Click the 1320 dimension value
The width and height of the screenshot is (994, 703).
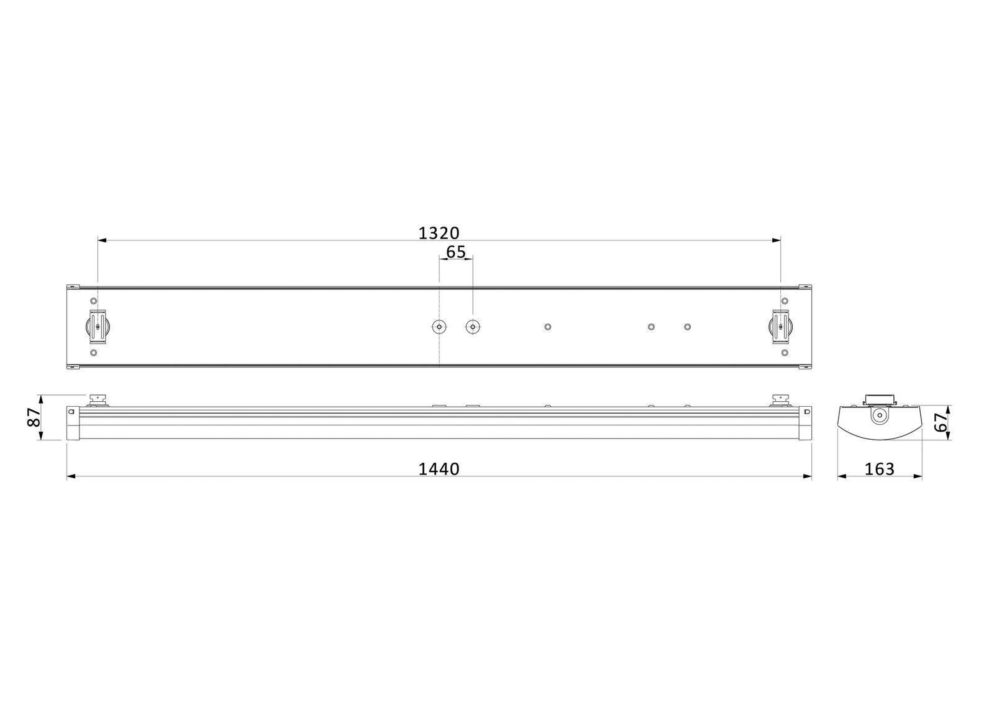point(439,233)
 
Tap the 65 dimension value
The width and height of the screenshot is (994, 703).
point(455,252)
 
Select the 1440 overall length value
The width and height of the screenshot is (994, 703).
point(439,469)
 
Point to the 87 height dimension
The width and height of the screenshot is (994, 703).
point(35,417)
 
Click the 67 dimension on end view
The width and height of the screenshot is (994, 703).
point(941,423)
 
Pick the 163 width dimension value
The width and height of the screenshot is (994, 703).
point(879,469)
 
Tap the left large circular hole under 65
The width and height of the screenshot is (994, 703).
point(439,327)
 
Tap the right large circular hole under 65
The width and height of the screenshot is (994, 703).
point(473,327)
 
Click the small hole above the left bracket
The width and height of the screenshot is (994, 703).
point(94,301)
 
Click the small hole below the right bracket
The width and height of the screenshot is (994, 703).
point(785,353)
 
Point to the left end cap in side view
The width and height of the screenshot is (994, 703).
point(72,423)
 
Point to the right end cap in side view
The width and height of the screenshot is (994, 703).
point(806,423)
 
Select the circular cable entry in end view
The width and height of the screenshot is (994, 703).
point(878,416)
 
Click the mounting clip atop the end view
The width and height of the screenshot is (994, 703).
point(878,399)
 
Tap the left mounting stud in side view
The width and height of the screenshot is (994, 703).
point(97,399)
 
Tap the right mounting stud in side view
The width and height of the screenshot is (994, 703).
point(779,399)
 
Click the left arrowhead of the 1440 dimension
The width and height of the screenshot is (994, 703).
point(70,477)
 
